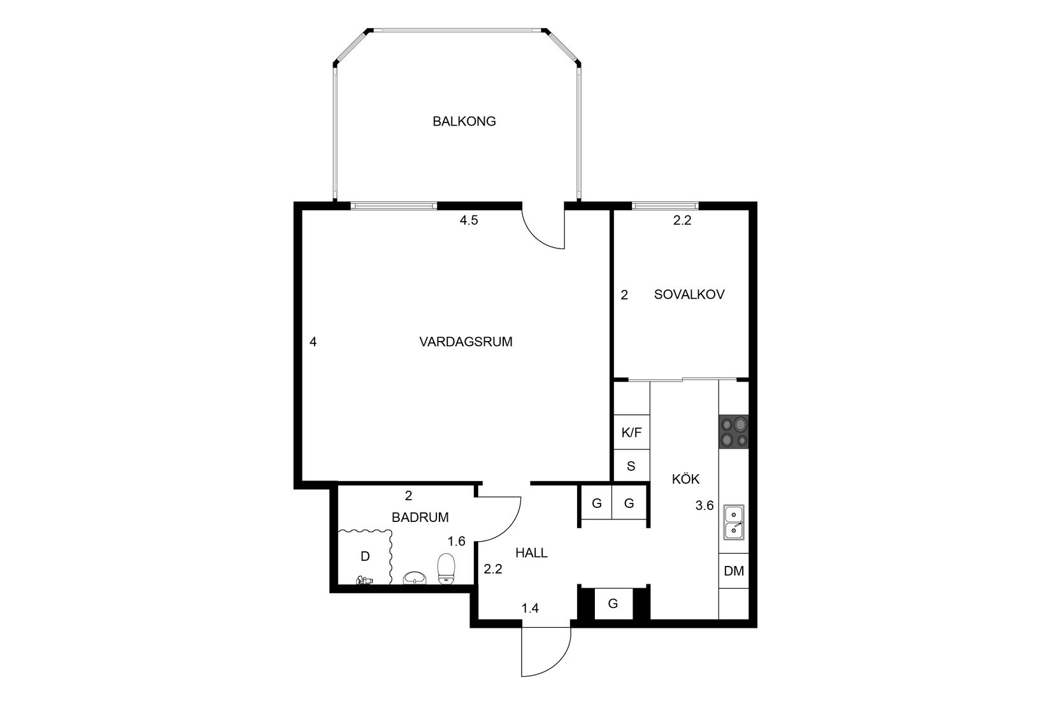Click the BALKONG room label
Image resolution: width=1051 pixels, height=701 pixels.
[x=464, y=121]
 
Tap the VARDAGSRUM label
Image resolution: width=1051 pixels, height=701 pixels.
[x=466, y=342]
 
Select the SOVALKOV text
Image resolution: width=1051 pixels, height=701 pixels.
[x=689, y=294]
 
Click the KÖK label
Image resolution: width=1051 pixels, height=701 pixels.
[x=685, y=479]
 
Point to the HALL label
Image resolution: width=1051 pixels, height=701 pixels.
[x=531, y=553]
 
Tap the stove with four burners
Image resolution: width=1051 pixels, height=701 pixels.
[x=734, y=431]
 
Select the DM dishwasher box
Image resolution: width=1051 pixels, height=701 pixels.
[x=734, y=571]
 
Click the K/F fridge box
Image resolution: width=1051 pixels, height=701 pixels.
[x=631, y=433]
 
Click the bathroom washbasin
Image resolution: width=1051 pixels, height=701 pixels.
[x=415, y=577]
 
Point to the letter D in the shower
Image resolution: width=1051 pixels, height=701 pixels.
[x=365, y=556]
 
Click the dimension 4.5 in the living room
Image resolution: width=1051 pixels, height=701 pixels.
[x=469, y=221]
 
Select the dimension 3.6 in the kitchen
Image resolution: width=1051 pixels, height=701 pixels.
[x=704, y=506]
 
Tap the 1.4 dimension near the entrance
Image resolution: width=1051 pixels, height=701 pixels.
[x=530, y=609]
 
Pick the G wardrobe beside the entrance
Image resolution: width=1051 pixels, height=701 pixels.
[x=613, y=603]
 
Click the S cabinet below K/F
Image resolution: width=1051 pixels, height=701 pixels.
[x=631, y=466]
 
